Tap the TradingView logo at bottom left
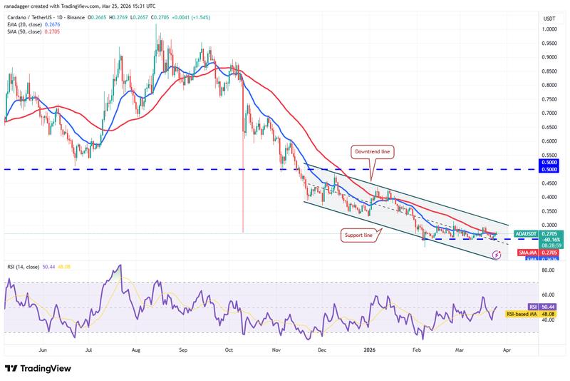coord(41,368)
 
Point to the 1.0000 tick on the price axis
coord(549,29)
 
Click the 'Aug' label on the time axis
coord(136,350)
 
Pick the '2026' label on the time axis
coord(368,350)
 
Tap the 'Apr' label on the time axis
coord(507,350)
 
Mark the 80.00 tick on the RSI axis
coord(549,270)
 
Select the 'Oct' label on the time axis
coord(229,350)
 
